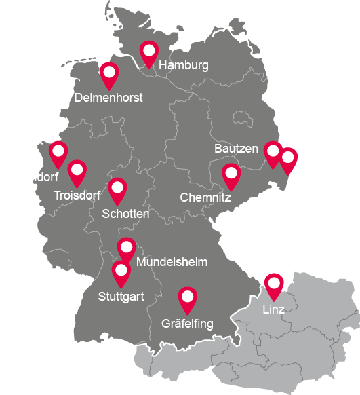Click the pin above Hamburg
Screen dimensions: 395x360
coord(148,52)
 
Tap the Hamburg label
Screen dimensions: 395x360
coord(183,66)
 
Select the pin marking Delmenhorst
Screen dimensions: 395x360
coord(108,74)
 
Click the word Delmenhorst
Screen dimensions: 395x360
coord(109,98)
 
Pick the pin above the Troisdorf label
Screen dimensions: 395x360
coord(77,172)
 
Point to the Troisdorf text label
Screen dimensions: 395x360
coord(82,196)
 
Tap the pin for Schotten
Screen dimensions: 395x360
coord(117,190)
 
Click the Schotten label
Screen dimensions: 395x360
coord(125,214)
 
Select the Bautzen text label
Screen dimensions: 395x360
coord(236,148)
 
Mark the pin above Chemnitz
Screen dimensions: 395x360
coord(231,176)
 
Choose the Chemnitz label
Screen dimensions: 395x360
coord(205,198)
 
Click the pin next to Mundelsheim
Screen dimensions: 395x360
coord(126,249)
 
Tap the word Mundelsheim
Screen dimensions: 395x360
coord(172,262)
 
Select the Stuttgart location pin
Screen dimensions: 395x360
coord(121,273)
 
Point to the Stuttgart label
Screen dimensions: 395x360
coord(121,297)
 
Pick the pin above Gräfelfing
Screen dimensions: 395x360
coord(187,299)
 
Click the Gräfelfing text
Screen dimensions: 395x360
coord(187,324)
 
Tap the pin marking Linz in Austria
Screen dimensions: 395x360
coord(274,285)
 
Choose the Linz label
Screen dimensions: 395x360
coord(274,309)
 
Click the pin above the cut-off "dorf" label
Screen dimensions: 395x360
coord(58,153)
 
